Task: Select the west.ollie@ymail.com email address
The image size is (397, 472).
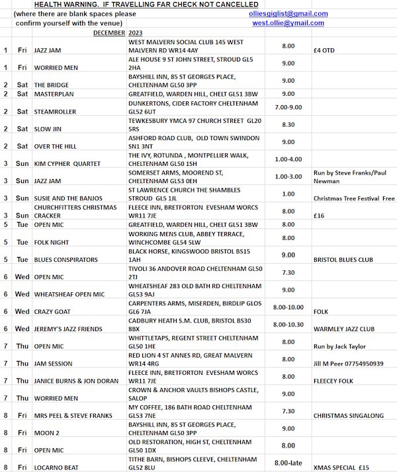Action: (x=288, y=23)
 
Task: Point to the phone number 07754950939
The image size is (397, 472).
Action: (x=363, y=364)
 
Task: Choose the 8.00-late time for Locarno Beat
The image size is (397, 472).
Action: (x=288, y=463)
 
